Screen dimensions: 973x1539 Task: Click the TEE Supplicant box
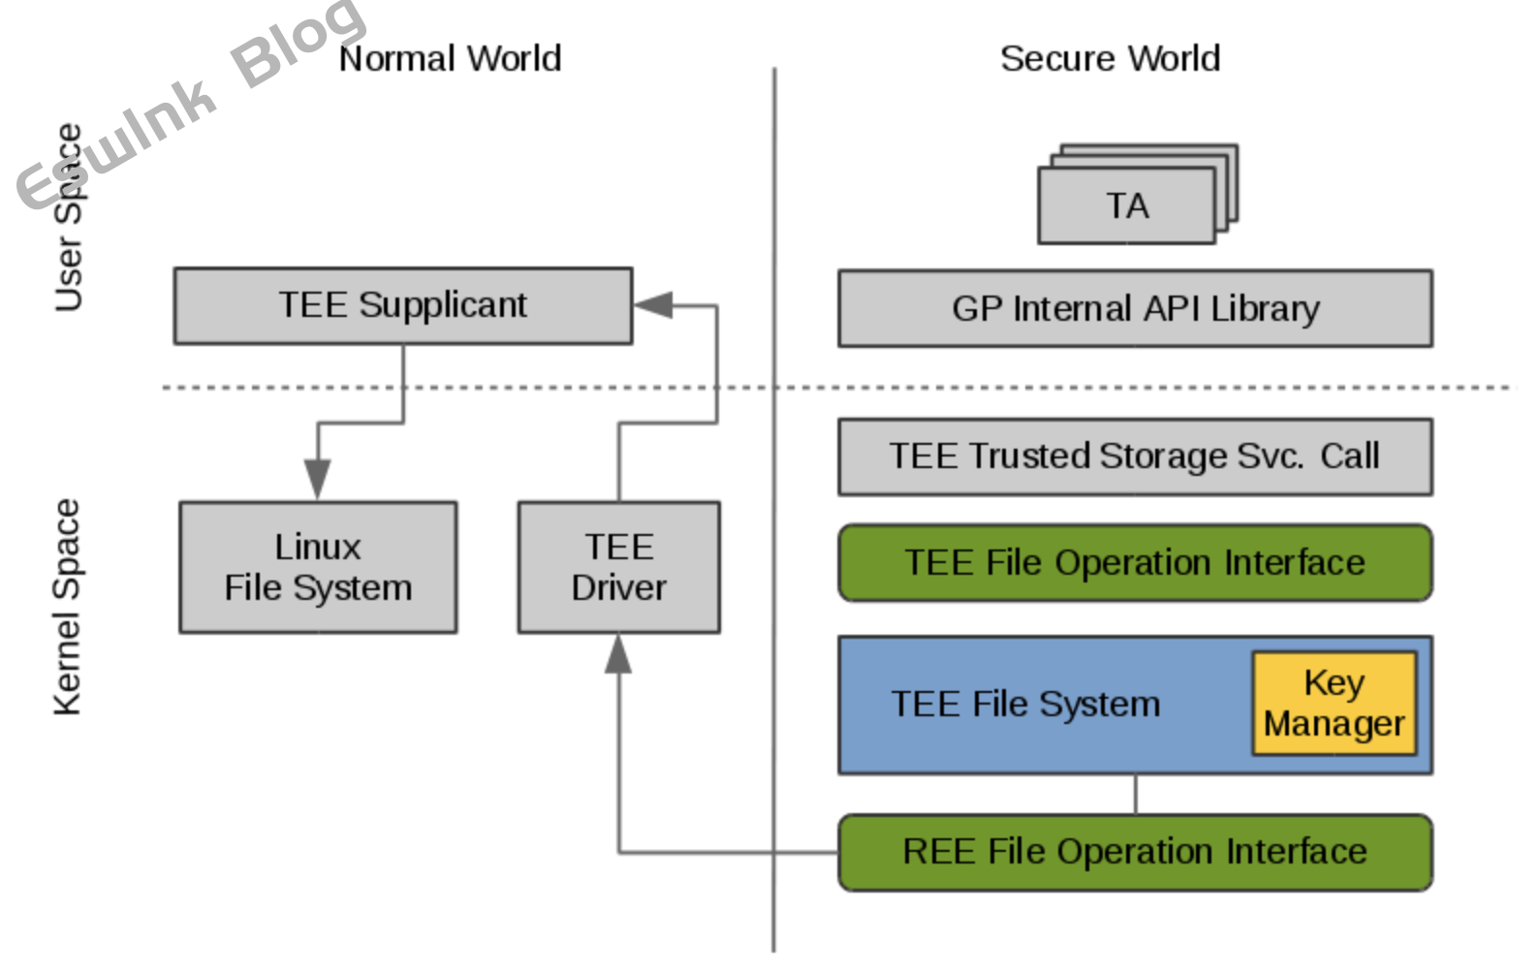(403, 306)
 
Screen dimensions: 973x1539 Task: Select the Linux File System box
(318, 568)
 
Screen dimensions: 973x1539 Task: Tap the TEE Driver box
(618, 568)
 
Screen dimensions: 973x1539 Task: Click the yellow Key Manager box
(1334, 704)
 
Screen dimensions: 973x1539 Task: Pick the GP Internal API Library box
(1135, 309)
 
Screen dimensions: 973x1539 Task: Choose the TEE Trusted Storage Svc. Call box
(1135, 456)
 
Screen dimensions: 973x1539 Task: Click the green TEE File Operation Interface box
(1135, 563)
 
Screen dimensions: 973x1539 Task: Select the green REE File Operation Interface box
(1135, 852)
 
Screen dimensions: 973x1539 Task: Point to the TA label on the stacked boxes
(1127, 206)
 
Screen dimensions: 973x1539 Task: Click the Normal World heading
(450, 59)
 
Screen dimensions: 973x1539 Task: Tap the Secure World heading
(1110, 59)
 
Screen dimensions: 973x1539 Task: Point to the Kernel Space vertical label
(67, 608)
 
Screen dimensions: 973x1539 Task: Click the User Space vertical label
(68, 218)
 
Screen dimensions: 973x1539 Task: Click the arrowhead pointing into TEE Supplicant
(654, 305)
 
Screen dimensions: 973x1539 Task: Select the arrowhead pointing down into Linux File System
(318, 479)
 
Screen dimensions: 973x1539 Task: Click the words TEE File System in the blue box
(1025, 705)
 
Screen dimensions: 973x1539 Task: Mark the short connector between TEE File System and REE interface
(1135, 795)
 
